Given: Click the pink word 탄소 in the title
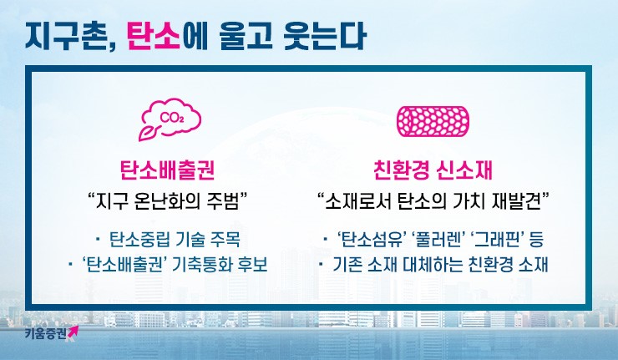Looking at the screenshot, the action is pyautogui.click(x=154, y=36).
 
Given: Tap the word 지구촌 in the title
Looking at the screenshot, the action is pyautogui.click(x=67, y=36).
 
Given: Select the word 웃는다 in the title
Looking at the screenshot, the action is pyautogui.click(x=325, y=36).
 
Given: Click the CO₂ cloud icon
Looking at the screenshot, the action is pyautogui.click(x=170, y=119).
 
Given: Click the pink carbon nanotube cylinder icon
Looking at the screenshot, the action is pyautogui.click(x=433, y=121).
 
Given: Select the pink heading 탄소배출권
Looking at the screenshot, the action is pyautogui.click(x=168, y=170).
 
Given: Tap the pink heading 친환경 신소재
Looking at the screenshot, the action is pyautogui.click(x=433, y=170).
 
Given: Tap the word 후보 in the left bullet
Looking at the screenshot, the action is pyautogui.click(x=253, y=264).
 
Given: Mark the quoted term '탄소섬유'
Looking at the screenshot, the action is pyautogui.click(x=372, y=240).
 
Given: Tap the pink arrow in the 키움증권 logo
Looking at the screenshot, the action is pyautogui.click(x=73, y=332).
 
